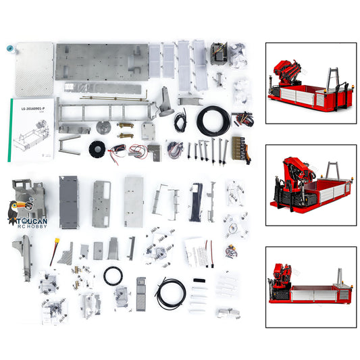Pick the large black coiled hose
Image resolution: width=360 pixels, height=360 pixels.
point(213,122)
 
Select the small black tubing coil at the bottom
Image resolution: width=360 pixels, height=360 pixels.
point(171,292)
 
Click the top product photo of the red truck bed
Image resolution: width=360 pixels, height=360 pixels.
point(311,83)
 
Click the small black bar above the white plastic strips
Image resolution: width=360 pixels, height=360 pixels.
point(200,280)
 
